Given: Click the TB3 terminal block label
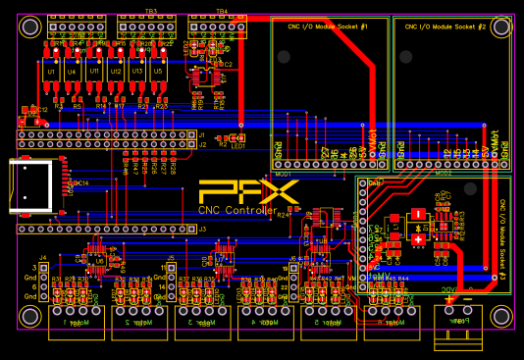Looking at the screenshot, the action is click(151, 11).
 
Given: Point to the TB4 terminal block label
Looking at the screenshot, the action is click(222, 11).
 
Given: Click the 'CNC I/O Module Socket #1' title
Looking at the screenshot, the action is click(327, 26).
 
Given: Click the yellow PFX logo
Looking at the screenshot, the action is click(236, 192).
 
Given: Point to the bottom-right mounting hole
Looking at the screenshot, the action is click(499, 315).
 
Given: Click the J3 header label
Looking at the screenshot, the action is click(202, 230).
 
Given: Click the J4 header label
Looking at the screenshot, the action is click(43, 257).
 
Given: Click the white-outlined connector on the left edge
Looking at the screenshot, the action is click(31, 186).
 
